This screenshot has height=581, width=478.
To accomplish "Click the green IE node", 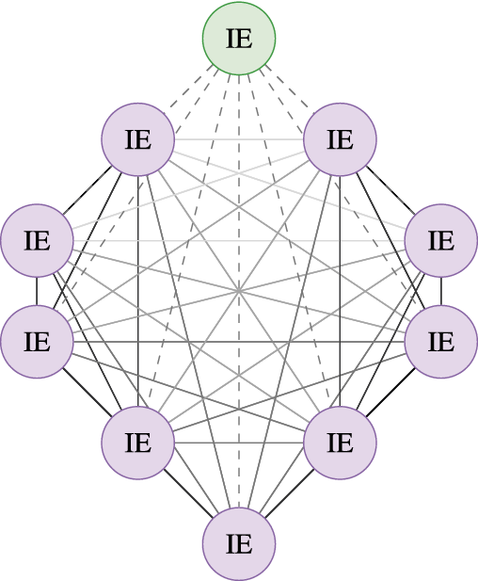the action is pos(239,39).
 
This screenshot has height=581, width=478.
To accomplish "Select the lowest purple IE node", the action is pos(239,543).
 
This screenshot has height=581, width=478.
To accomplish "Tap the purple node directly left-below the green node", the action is pos(138,139).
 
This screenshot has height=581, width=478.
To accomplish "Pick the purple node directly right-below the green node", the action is pos(340,139).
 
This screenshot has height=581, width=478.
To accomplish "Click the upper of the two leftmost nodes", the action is pos(37,240).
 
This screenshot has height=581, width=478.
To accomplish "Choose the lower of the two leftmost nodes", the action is pos(37,342).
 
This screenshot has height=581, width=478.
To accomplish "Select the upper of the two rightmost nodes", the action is pos(441,240).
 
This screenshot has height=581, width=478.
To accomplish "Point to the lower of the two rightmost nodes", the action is pos(441,342).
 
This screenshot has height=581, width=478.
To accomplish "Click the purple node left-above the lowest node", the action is pos(138,443).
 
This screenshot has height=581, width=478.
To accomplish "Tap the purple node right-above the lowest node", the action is pos(340,443).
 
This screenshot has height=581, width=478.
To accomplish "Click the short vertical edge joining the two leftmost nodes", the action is pos(37,291).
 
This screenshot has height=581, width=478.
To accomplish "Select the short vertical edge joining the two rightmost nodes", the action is pos(441,291).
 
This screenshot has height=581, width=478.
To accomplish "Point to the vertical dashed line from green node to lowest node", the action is pos(239,291).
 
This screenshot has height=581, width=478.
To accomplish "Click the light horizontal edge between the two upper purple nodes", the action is pos(239,139).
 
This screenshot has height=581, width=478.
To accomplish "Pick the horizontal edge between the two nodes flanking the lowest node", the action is pos(239,443).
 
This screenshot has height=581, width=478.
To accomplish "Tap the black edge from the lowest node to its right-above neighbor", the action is pos(290,493).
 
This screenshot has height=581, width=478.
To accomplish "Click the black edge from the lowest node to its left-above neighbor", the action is pos(188,493).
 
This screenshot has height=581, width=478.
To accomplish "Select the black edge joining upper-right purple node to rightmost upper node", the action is pos(390,190).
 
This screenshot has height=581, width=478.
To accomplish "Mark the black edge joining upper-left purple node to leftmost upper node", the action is pos(88,190).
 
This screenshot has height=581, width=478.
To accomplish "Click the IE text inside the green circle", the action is pos(239,39).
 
